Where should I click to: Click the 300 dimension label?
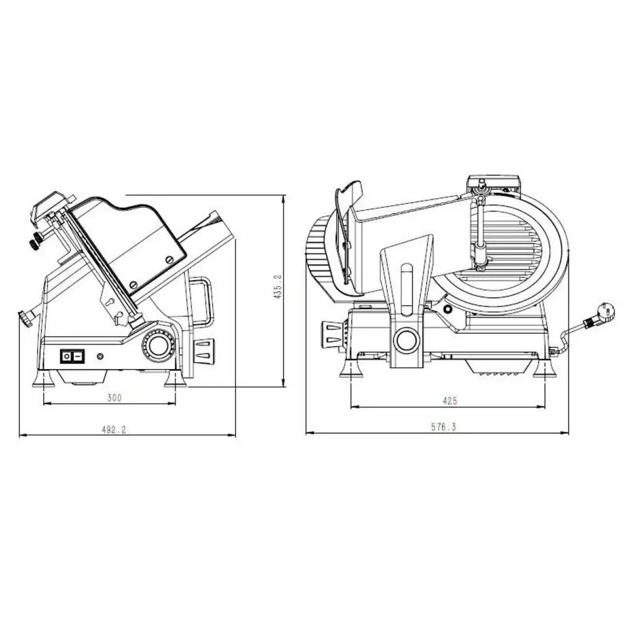(x=114, y=398)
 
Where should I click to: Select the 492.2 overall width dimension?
(x=114, y=430)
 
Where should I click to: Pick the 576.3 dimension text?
(x=443, y=428)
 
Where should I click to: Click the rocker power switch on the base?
(x=72, y=357)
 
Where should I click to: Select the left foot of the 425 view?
(x=351, y=370)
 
